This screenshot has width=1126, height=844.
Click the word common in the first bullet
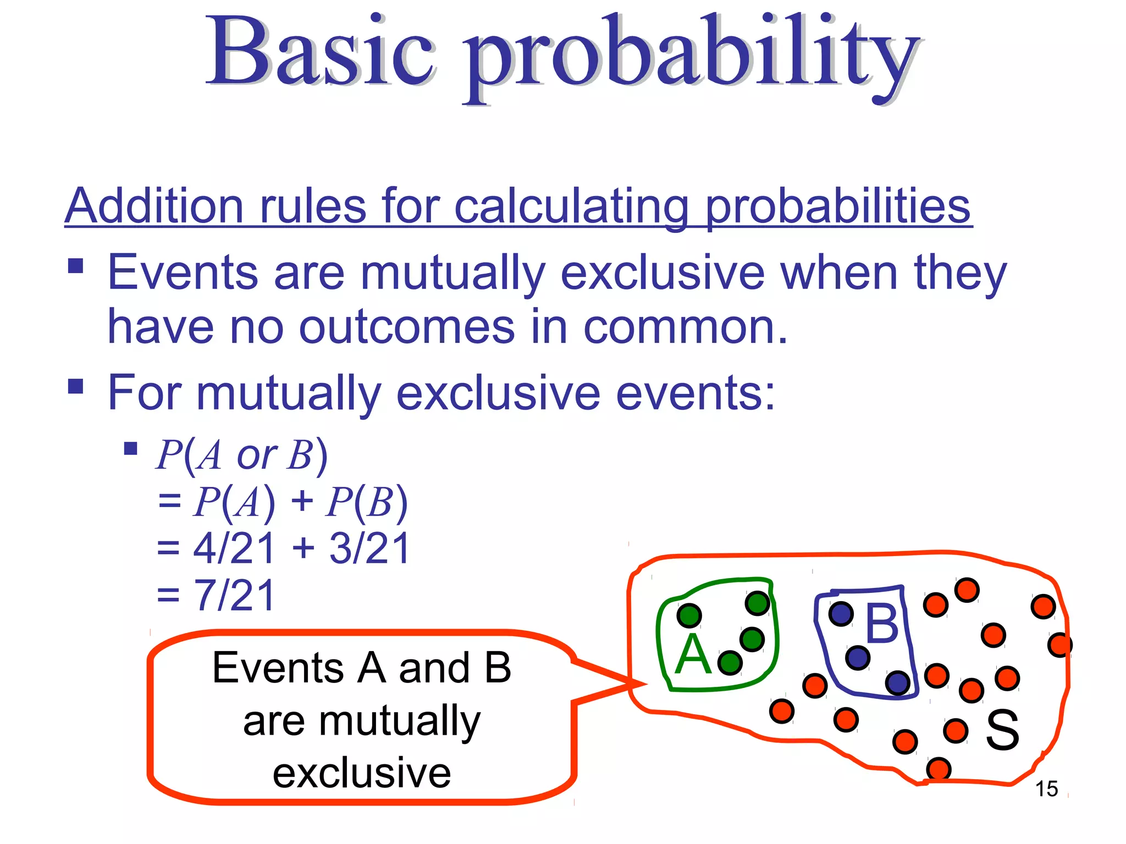[x=685, y=327]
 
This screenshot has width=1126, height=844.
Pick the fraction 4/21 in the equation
[x=234, y=548]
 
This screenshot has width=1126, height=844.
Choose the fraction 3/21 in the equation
[x=369, y=548]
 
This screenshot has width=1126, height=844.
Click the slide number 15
[x=1046, y=789]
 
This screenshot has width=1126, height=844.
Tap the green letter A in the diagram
[x=693, y=655]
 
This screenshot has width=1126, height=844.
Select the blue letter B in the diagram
[x=882, y=623]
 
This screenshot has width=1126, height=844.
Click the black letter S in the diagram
[x=1002, y=730]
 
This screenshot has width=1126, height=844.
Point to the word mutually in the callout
[x=362, y=721]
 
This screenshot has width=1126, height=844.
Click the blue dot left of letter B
[x=841, y=614]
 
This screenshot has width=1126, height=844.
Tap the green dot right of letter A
[x=730, y=663]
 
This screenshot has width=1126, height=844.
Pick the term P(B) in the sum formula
[x=366, y=502]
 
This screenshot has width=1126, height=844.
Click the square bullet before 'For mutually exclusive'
[x=76, y=387]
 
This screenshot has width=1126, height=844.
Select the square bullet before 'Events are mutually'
[x=76, y=266]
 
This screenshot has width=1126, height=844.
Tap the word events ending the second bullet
[x=696, y=393]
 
